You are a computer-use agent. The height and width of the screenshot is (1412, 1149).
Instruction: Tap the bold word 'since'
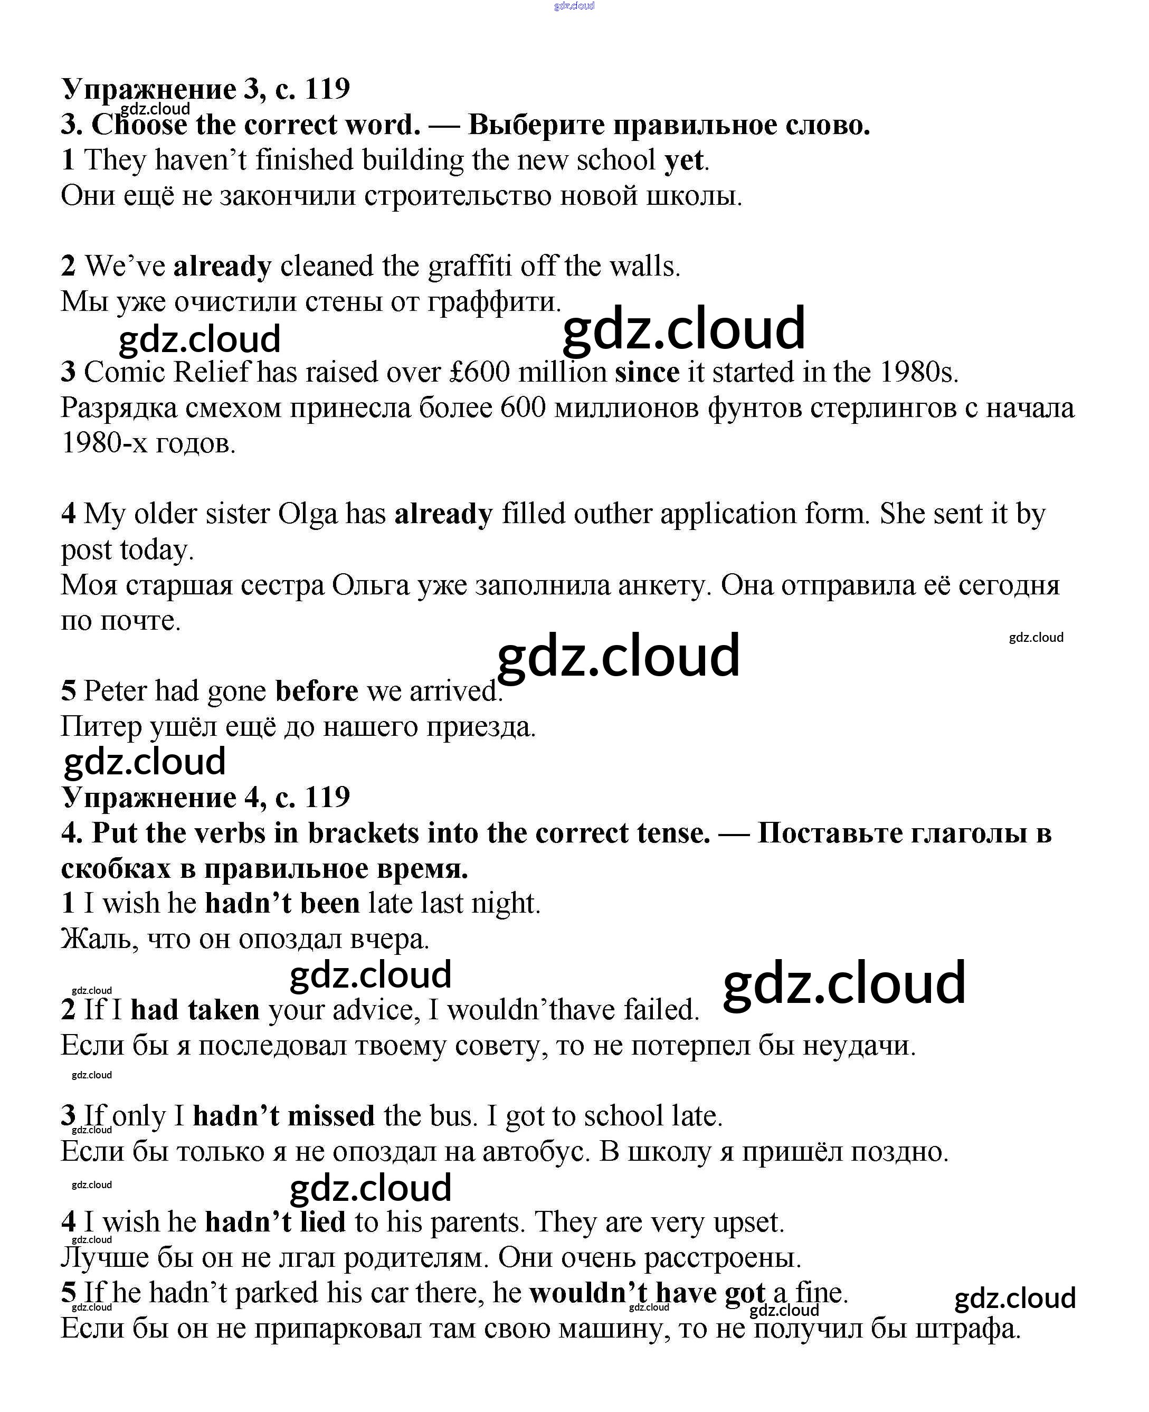pos(647,373)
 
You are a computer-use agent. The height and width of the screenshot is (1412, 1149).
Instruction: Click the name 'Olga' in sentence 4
pos(307,514)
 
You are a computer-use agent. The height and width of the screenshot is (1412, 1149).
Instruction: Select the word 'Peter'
pos(115,691)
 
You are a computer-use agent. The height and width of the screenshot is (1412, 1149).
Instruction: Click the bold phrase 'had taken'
pos(195,1010)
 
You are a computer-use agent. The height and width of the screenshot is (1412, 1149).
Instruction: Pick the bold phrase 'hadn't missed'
pos(283,1116)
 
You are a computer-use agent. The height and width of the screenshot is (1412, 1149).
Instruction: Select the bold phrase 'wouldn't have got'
pos(647,1293)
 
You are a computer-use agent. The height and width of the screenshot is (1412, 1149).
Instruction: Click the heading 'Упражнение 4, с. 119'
pos(205,798)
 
